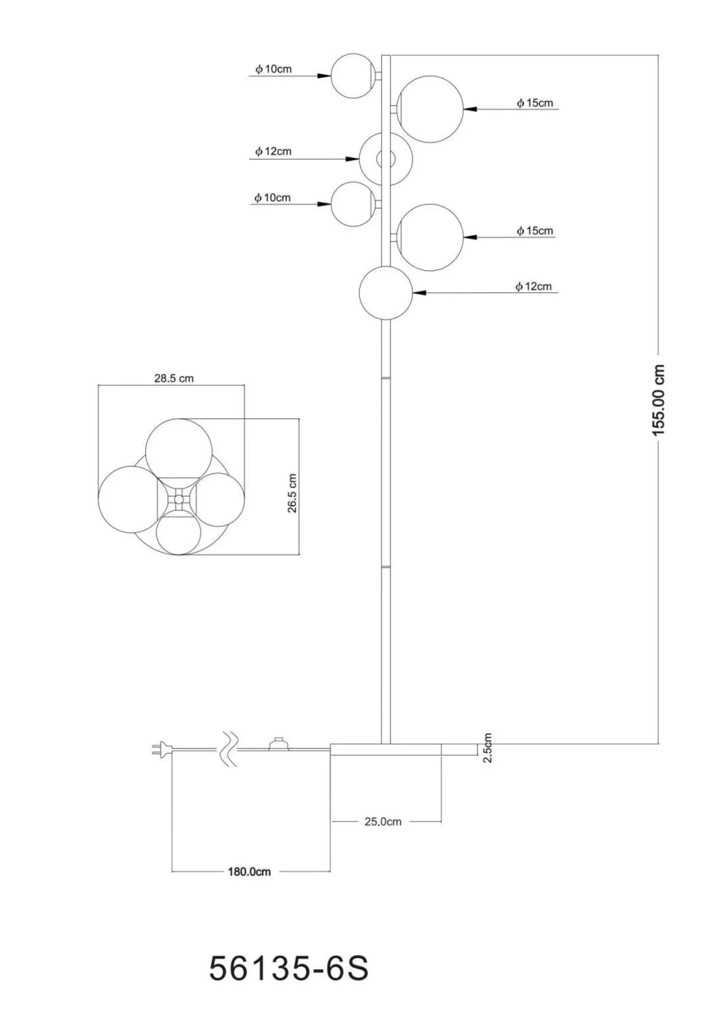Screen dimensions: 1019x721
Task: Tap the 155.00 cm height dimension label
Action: (659, 400)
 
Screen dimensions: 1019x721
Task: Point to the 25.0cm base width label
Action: (383, 822)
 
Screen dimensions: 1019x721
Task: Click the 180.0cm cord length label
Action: (249, 872)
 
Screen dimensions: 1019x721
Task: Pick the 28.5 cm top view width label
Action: (174, 378)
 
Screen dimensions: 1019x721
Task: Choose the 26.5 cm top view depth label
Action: (292, 493)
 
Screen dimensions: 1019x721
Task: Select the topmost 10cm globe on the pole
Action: (353, 76)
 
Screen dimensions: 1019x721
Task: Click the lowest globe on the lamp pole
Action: (386, 293)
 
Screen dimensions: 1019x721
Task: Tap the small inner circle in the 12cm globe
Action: (386, 158)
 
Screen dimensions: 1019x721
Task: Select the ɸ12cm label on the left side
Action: (273, 151)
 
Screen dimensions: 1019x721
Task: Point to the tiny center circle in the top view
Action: (179, 500)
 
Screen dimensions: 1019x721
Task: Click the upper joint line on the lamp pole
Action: (386, 378)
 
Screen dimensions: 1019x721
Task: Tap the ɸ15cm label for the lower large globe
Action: (534, 231)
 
